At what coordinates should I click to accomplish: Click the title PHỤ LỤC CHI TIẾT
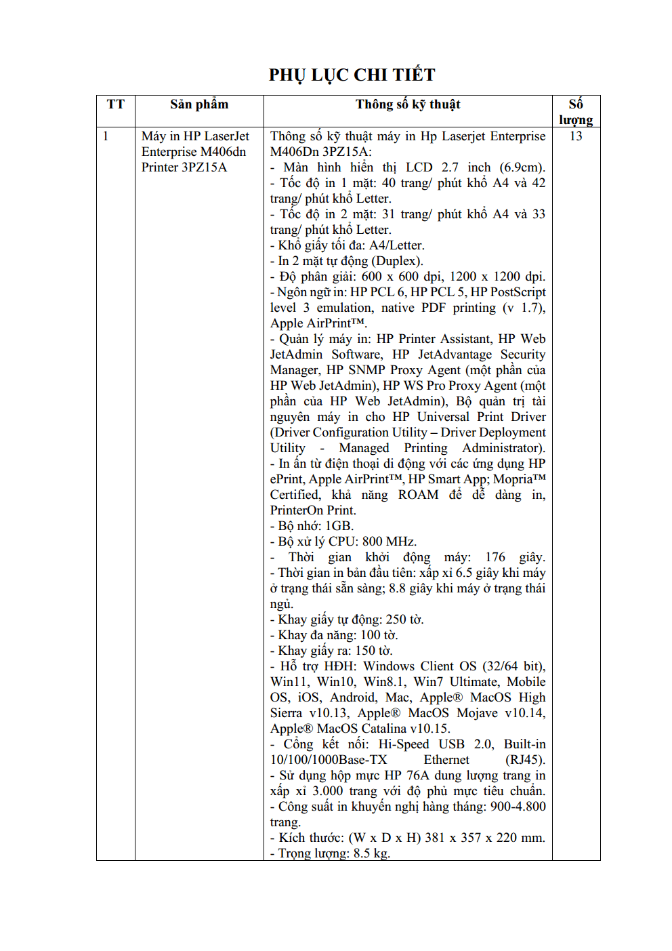pyautogui.click(x=352, y=75)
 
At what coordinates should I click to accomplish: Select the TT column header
pyautogui.click(x=116, y=104)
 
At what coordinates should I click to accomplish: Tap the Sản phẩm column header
pyautogui.click(x=199, y=104)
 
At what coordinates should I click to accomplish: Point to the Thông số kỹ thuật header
pyautogui.click(x=408, y=104)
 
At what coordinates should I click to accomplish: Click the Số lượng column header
pyautogui.click(x=576, y=112)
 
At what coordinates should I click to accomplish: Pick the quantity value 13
pyautogui.click(x=576, y=136)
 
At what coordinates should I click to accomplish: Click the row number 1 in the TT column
pyautogui.click(x=106, y=136)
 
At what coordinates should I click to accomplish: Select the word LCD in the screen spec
pyautogui.click(x=419, y=167)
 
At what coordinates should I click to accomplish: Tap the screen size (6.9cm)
pyautogui.click(x=522, y=167)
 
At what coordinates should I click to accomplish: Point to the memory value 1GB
pyautogui.click(x=339, y=526)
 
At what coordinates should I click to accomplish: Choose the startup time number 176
pyautogui.click(x=495, y=557)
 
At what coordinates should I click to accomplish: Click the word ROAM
pyautogui.click(x=418, y=495)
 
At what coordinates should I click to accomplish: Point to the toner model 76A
pyautogui.click(x=418, y=775)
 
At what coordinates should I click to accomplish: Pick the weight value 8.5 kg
pyautogui.click(x=371, y=853)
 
